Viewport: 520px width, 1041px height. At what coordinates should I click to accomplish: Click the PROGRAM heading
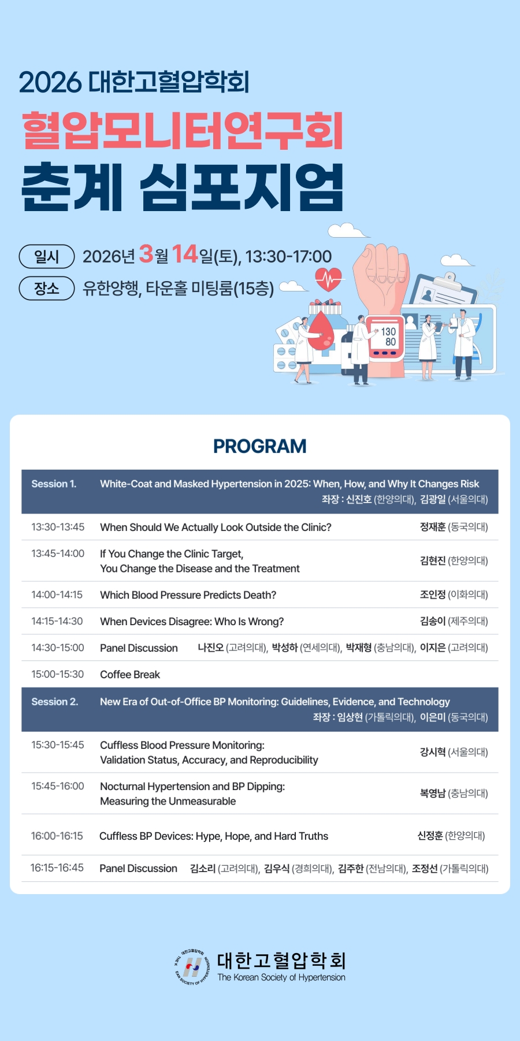(259, 446)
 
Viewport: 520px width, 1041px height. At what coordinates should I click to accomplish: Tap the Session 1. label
(54, 484)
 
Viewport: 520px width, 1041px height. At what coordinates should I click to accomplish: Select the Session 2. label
(54, 702)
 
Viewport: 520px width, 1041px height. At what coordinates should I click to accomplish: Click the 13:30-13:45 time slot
(58, 527)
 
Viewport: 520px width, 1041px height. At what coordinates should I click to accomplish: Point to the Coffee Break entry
(130, 674)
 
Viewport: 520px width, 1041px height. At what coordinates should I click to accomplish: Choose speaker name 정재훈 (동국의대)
(454, 527)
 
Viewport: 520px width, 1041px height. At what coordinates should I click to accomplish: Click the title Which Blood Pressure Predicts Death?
(188, 595)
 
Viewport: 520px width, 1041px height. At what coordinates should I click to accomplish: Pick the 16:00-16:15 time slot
(57, 836)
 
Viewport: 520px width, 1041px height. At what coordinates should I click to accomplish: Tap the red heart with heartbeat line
(328, 279)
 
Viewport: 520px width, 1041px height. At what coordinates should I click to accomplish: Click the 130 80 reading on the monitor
(388, 337)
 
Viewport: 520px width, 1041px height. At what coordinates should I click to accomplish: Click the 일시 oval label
(47, 257)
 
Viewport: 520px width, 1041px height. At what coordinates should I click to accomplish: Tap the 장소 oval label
(47, 288)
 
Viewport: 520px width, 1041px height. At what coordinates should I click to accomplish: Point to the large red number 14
(185, 254)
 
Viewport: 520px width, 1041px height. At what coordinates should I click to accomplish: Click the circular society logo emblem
(192, 967)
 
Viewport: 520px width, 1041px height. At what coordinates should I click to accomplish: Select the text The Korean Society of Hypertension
(281, 977)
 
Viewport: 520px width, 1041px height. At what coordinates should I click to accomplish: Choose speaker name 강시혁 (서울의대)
(454, 752)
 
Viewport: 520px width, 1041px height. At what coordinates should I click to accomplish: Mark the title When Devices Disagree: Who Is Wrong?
(192, 622)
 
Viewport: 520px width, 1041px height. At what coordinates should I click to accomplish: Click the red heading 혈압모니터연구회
(183, 131)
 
